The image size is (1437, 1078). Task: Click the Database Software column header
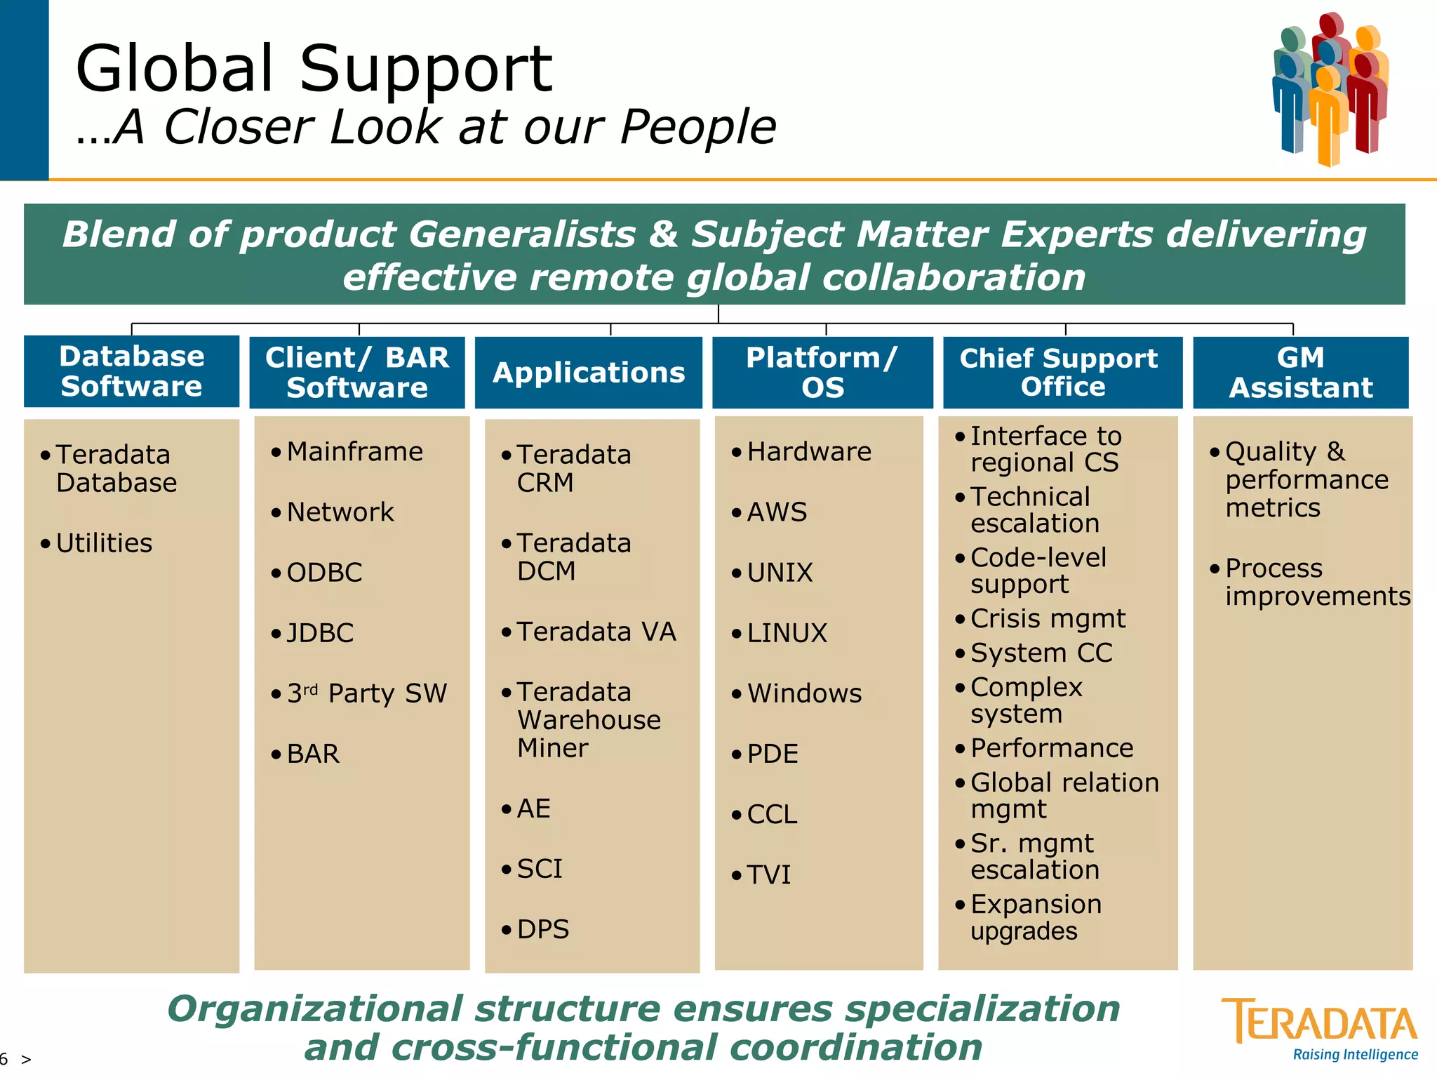point(131,371)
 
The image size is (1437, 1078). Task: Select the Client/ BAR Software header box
point(357,373)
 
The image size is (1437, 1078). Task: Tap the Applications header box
point(588,373)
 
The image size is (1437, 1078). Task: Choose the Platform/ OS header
point(822,373)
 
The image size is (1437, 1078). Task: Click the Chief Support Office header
point(1062,373)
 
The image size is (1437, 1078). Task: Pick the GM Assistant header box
point(1300,373)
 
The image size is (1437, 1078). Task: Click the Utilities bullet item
point(104,543)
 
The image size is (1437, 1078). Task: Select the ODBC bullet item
point(324,573)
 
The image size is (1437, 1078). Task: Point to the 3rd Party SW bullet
point(366,693)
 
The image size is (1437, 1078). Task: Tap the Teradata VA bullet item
point(596,632)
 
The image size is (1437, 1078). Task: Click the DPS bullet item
point(542,929)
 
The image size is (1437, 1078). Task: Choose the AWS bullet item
point(777,512)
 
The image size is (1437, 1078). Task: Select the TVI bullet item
point(768,874)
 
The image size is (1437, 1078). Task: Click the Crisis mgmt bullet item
point(1048,618)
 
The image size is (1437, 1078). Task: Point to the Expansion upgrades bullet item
point(1035,917)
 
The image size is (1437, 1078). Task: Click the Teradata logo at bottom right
point(1320,1028)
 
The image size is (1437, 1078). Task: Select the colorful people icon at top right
point(1330,88)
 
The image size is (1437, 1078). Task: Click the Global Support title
point(314,69)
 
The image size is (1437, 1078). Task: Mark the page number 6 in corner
point(5,1058)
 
